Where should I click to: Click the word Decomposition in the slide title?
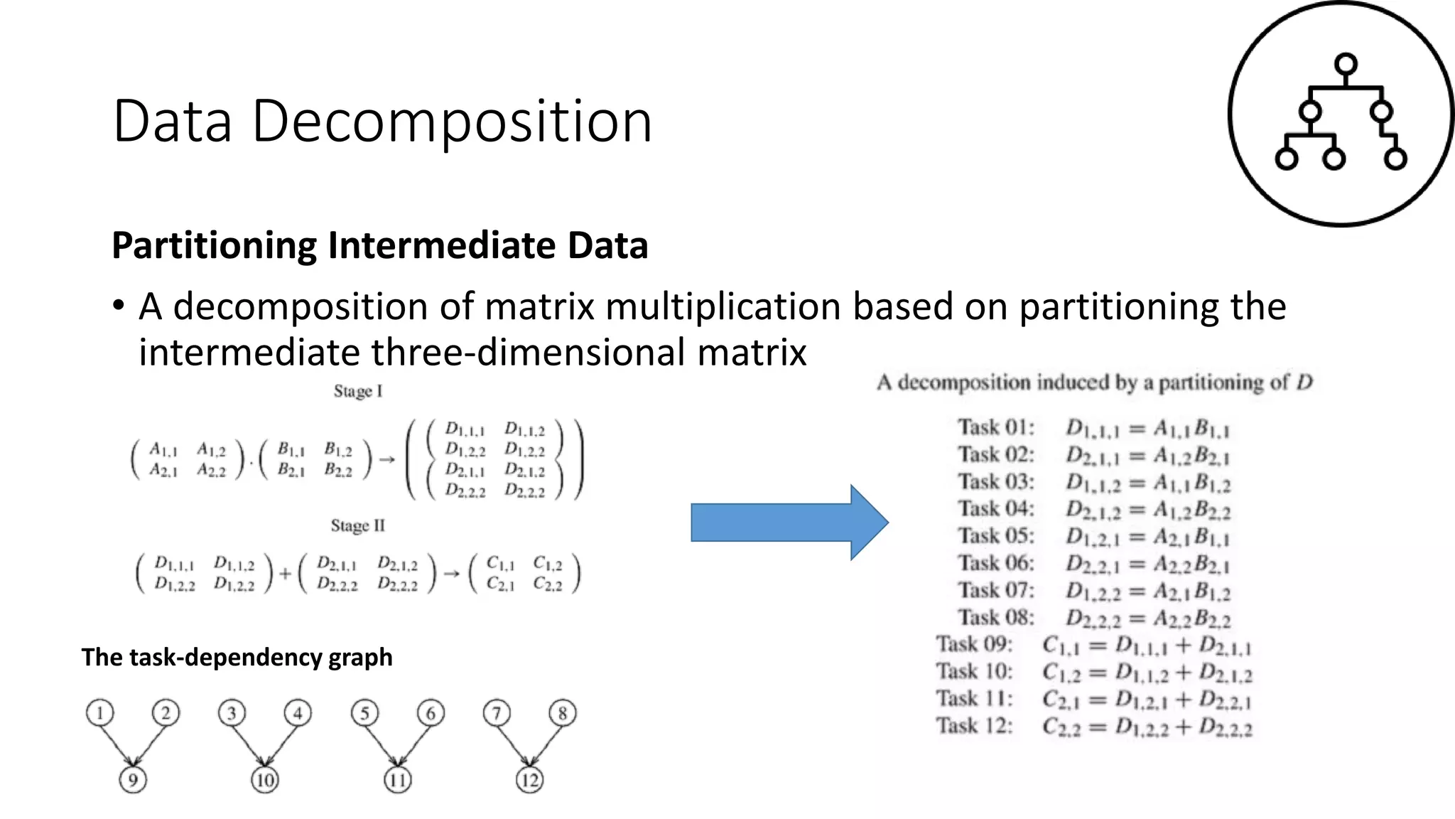[x=452, y=122]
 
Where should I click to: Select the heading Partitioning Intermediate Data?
[x=379, y=245]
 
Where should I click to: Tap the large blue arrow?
[x=789, y=523]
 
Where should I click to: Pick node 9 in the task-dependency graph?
[x=133, y=780]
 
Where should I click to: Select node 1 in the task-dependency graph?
[x=100, y=713]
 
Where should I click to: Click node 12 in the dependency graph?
[x=530, y=780]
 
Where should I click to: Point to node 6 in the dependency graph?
[x=431, y=713]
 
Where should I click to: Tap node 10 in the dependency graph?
[x=265, y=780]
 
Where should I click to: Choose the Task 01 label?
[x=995, y=427]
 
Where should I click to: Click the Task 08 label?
[x=995, y=617]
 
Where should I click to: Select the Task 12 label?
[x=974, y=726]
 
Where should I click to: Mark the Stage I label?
[x=358, y=391]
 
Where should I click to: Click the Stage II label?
[x=357, y=525]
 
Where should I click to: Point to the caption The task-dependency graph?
[x=237, y=657]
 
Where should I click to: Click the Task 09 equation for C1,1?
[x=1146, y=646]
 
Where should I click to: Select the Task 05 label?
[x=995, y=535]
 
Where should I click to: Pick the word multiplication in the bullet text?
[x=723, y=306]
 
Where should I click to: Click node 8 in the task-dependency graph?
[x=563, y=713]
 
